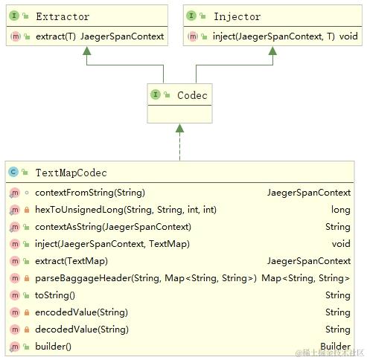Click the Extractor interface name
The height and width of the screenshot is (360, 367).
[62, 16]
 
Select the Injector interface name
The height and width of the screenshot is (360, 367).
[237, 16]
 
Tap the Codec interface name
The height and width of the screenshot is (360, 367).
[192, 95]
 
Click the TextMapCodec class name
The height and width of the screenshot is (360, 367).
[71, 173]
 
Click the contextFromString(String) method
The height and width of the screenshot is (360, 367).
[89, 193]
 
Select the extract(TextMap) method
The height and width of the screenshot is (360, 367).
[71, 261]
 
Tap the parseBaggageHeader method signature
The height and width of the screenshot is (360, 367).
[145, 278]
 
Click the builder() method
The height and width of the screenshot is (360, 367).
[52, 347]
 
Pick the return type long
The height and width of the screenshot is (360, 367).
[340, 210]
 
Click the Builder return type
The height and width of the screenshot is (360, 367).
[335, 347]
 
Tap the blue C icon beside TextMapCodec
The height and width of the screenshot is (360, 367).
[13, 173]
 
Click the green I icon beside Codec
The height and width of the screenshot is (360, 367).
[156, 95]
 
